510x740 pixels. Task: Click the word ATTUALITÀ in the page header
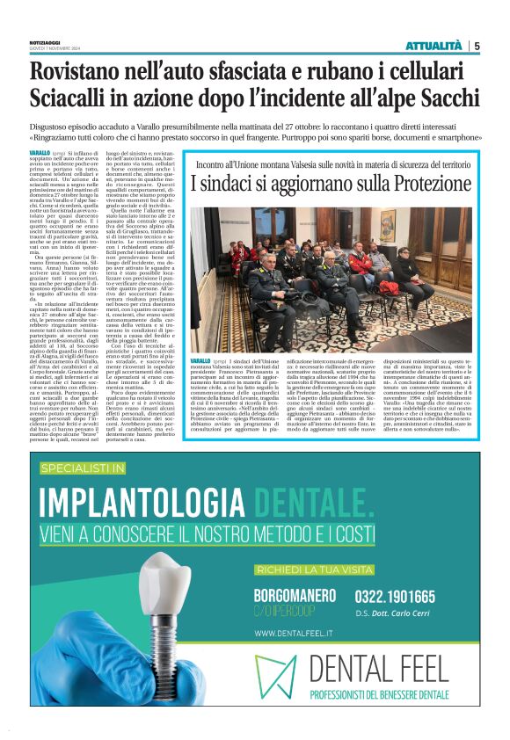pos(433,46)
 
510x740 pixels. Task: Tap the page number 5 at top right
pos(477,46)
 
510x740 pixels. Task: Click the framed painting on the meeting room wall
pos(388,226)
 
